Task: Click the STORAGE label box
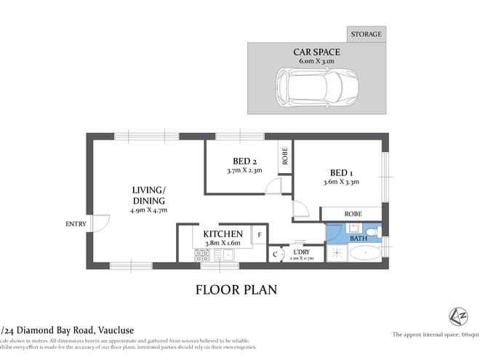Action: click(365, 34)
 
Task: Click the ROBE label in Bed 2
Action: click(284, 157)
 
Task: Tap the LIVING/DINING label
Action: click(148, 195)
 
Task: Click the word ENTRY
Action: click(75, 223)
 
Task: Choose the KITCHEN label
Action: click(223, 233)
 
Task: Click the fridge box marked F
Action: click(257, 234)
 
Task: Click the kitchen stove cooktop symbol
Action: click(202, 255)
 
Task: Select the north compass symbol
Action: click(456, 316)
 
